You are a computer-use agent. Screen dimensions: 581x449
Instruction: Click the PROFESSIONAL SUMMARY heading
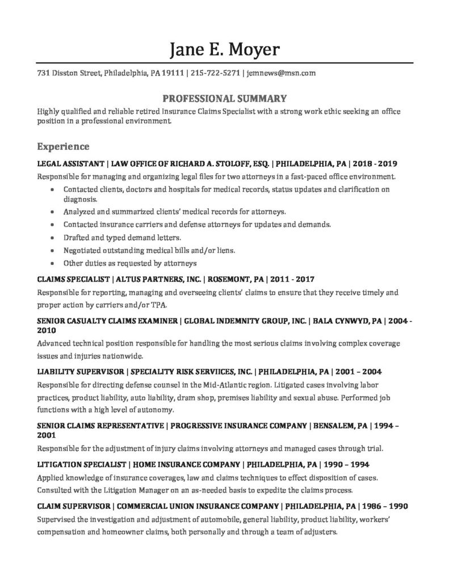pyautogui.click(x=224, y=98)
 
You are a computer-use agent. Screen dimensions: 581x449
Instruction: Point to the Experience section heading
pyautogui.click(x=63, y=147)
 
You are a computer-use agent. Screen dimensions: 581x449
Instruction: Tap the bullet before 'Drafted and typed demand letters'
pyautogui.click(x=53, y=237)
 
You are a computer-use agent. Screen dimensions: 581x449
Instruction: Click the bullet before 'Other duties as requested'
pyautogui.click(x=53, y=263)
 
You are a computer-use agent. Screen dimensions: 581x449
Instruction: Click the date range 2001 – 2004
pyautogui.click(x=359, y=372)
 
